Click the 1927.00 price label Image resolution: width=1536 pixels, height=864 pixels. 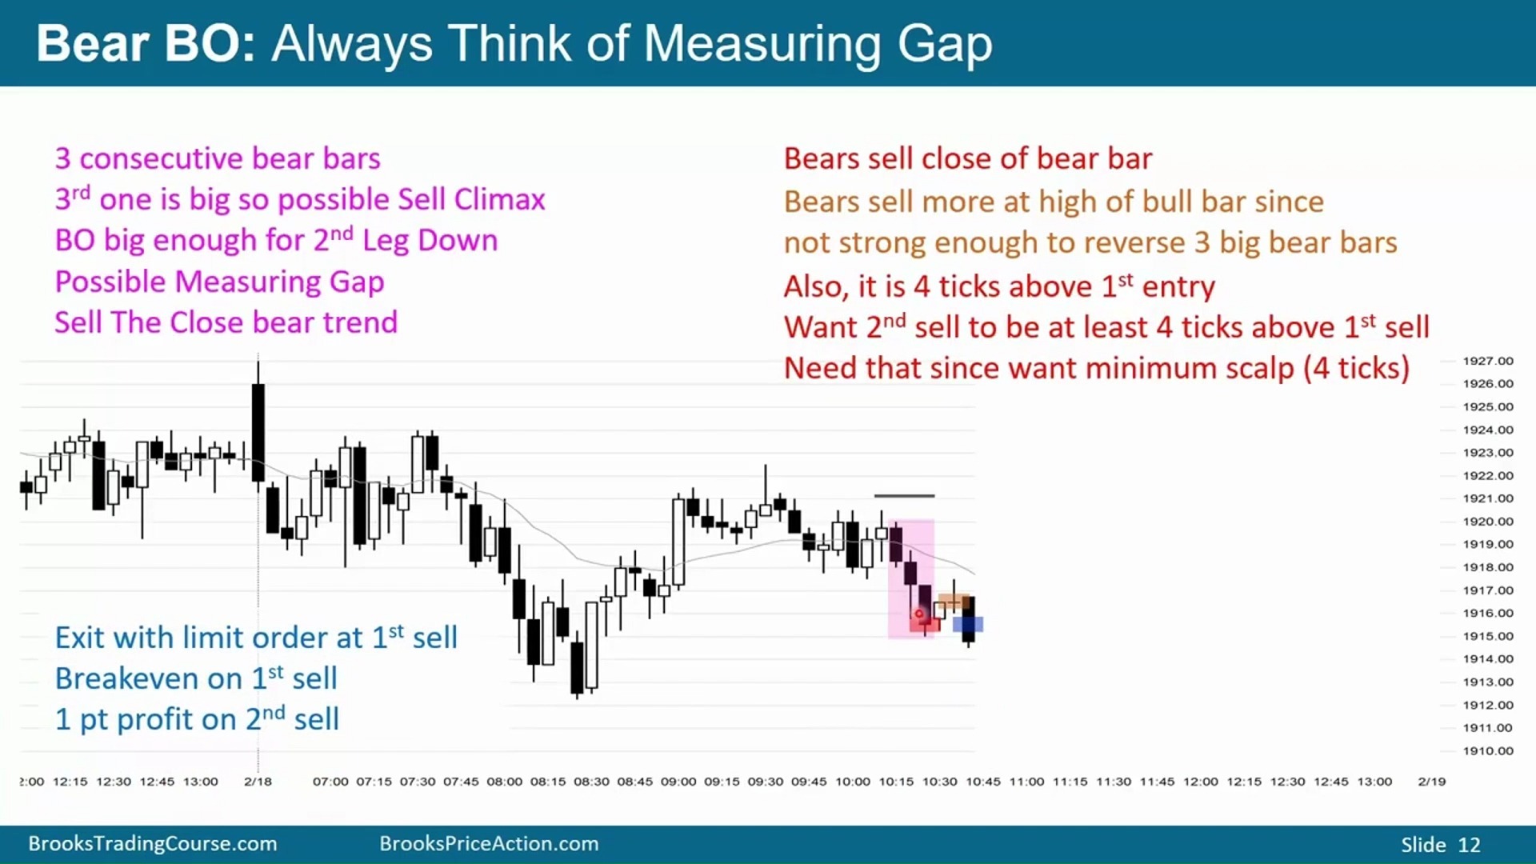[x=1488, y=361]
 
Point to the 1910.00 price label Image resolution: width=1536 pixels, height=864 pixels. [x=1488, y=750]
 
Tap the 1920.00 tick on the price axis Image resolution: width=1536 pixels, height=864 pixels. [x=1488, y=521]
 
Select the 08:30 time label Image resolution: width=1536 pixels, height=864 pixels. [x=591, y=781]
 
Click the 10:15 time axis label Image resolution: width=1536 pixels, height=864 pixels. [x=896, y=781]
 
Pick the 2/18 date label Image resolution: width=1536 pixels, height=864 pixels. [x=258, y=781]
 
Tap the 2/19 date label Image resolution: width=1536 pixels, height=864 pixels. [x=1432, y=781]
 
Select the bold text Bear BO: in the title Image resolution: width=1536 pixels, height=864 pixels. [x=146, y=43]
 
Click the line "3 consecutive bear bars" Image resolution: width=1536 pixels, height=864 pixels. [x=218, y=158]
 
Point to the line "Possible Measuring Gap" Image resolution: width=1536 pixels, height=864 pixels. [x=219, y=282]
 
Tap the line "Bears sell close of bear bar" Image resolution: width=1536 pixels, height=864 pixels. [x=968, y=158]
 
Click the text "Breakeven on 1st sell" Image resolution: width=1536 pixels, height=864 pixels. [x=196, y=678]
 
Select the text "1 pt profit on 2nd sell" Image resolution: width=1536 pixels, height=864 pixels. [x=197, y=718]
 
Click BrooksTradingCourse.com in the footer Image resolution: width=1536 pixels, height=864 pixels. [x=153, y=843]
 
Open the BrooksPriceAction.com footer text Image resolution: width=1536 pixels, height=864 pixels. [x=489, y=843]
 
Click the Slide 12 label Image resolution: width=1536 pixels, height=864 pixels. [x=1441, y=845]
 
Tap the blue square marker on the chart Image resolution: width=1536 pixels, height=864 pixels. [x=968, y=624]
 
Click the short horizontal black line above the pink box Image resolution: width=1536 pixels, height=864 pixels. [x=904, y=496]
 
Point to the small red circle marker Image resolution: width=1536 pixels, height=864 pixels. [x=919, y=614]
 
